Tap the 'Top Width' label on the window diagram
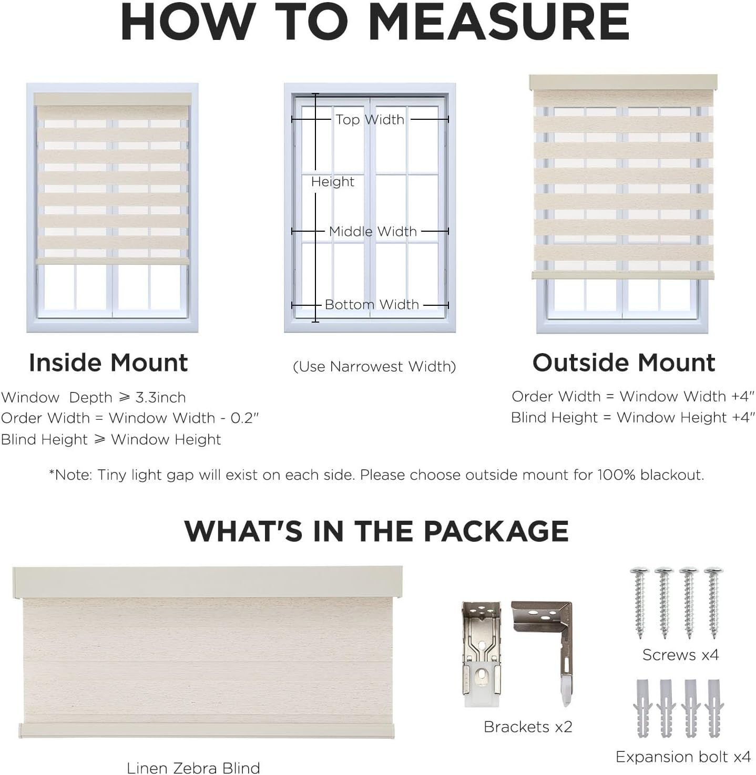[x=370, y=120]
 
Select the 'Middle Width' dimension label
[x=373, y=231]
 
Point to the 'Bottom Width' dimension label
[x=372, y=305]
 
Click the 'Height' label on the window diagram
[x=332, y=182]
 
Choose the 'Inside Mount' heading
[x=108, y=363]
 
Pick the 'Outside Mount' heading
[x=624, y=363]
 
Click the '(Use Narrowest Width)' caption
[x=374, y=367]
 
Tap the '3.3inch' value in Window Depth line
[x=160, y=398]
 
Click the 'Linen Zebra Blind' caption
[x=193, y=768]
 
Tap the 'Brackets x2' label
[x=528, y=727]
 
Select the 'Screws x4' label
[x=680, y=655]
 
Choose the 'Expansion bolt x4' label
[x=683, y=757]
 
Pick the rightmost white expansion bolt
[x=714, y=708]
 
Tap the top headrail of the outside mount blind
[x=623, y=82]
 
